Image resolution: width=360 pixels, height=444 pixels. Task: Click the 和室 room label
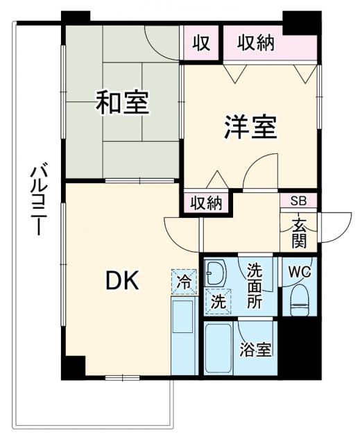pyautogui.click(x=122, y=103)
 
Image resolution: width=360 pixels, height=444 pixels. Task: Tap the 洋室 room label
pyautogui.click(x=250, y=128)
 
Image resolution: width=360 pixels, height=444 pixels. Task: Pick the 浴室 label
pyautogui.click(x=256, y=350)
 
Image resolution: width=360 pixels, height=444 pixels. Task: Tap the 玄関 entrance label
pyautogui.click(x=300, y=232)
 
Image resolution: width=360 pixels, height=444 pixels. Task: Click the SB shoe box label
pyautogui.click(x=298, y=201)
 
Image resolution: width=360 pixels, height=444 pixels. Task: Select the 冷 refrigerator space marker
pyautogui.click(x=185, y=282)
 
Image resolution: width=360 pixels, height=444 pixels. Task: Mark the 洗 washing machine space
pyautogui.click(x=217, y=301)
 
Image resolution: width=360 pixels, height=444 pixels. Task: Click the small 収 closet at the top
pyautogui.click(x=201, y=42)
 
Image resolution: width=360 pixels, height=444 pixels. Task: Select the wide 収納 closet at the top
pyautogui.click(x=256, y=43)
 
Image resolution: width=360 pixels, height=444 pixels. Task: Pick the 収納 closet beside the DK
pyautogui.click(x=206, y=203)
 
